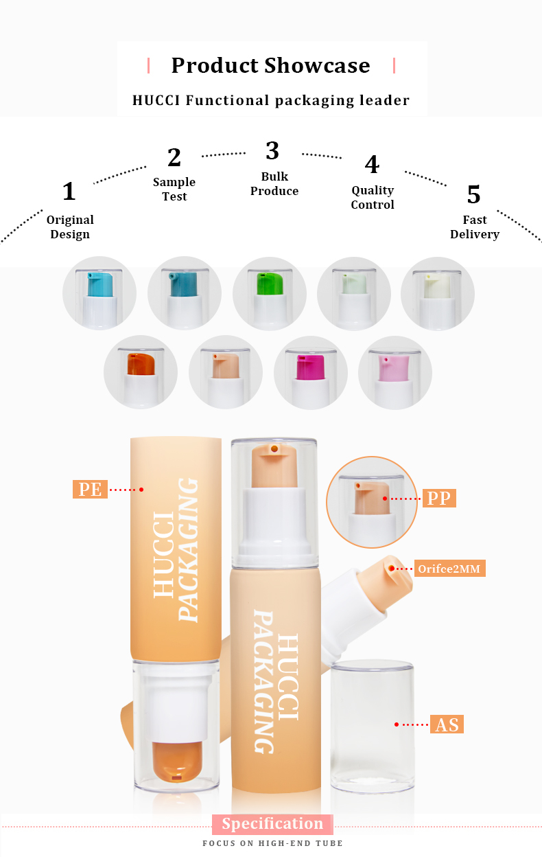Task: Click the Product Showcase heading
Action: (270, 65)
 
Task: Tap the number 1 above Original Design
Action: (69, 192)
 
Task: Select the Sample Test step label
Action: (174, 189)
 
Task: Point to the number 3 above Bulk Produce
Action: (272, 150)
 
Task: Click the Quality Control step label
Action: (373, 197)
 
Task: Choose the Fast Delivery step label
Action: (474, 227)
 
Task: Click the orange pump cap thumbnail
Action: (140, 372)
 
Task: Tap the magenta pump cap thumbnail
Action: (310, 372)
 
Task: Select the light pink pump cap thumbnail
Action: (395, 372)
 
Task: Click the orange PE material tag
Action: (90, 490)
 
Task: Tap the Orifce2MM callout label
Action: (449, 569)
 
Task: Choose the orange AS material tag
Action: (447, 724)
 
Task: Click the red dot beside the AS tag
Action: (396, 724)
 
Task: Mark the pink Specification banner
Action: (272, 824)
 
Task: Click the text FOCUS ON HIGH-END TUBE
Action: (272, 843)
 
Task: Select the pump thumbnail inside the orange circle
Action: (371, 501)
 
